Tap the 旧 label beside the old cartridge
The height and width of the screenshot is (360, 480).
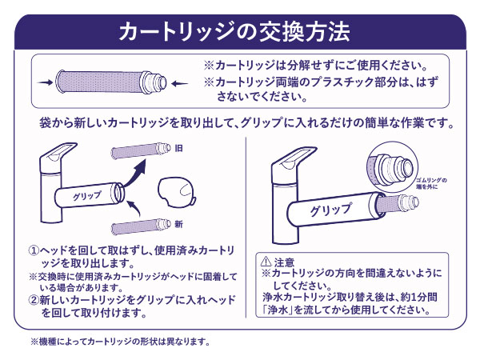click(x=179, y=148)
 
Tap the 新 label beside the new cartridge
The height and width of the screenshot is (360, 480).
click(x=178, y=223)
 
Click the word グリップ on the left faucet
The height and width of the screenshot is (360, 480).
click(x=86, y=195)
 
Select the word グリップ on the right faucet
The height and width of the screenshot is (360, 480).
click(x=325, y=211)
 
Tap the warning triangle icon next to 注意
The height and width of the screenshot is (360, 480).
click(x=266, y=262)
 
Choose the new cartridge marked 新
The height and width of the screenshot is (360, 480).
click(x=142, y=225)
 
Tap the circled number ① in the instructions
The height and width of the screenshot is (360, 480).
click(x=34, y=250)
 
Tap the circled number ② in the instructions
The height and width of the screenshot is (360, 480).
click(x=34, y=300)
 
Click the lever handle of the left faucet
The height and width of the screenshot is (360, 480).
click(x=59, y=153)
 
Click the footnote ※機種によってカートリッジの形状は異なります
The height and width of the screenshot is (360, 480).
click(x=120, y=342)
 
